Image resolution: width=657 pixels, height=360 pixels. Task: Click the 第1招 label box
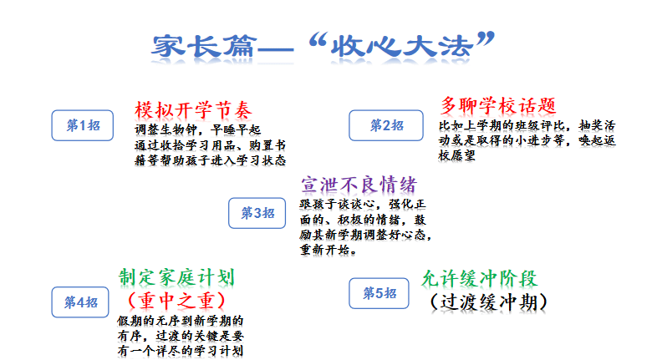[83, 125]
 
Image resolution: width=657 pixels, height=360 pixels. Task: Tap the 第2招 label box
[386, 125]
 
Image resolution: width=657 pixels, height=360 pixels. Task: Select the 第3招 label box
[257, 213]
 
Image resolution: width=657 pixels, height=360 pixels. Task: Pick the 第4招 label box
[80, 302]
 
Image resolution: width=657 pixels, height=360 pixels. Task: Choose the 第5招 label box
[379, 293]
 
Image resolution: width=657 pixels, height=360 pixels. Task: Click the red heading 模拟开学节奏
[193, 110]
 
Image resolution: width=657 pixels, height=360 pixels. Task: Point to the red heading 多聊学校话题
[498, 105]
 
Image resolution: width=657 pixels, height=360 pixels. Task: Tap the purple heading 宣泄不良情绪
[359, 185]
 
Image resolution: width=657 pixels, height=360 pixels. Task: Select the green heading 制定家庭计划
[176, 277]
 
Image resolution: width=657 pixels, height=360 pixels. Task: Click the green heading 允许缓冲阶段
[479, 278]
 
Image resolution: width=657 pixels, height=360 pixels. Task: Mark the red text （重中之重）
[176, 301]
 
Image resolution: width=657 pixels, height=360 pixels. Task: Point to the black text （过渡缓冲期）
[488, 302]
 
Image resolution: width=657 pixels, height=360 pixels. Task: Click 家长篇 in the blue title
[204, 46]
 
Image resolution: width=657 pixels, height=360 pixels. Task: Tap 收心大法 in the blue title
[402, 46]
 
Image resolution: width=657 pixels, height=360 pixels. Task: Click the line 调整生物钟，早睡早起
[198, 129]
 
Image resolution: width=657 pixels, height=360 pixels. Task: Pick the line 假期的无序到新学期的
[181, 321]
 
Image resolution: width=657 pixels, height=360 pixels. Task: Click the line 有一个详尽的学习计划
[181, 351]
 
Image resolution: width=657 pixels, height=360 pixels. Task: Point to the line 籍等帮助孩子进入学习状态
[211, 160]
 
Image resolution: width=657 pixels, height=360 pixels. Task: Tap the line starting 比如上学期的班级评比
[527, 125]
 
